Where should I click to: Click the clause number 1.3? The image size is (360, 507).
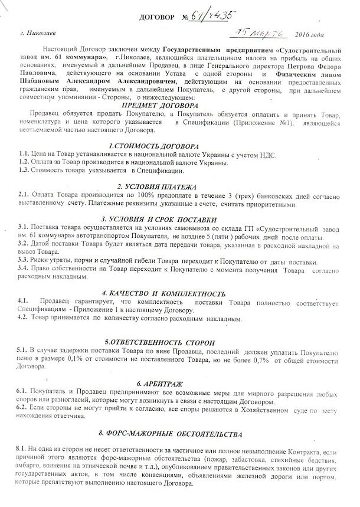pyautogui.click(x=24, y=171)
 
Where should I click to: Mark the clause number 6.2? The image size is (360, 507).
pyautogui.click(x=24, y=408)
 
